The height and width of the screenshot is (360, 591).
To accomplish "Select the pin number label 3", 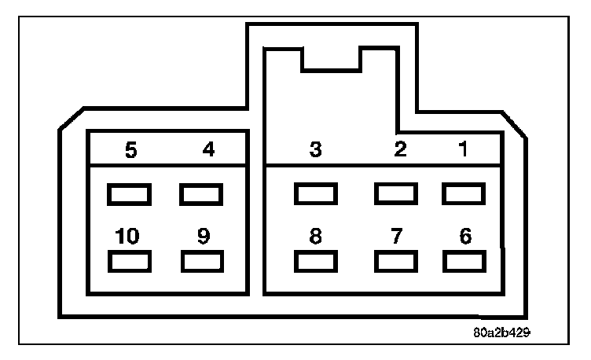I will point(315,149).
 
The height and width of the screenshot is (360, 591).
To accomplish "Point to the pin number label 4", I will point(208,149).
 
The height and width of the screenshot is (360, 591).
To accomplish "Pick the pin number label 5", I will point(131,149).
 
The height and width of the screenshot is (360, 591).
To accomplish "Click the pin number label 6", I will point(465,237).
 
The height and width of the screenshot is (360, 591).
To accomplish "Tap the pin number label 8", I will point(315,237).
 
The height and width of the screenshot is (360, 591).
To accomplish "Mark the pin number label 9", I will point(203,237).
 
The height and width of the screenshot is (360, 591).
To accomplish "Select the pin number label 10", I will point(127,237).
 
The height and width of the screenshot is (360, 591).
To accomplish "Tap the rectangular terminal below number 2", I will point(395,193).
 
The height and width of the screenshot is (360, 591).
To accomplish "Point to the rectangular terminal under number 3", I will point(315,193).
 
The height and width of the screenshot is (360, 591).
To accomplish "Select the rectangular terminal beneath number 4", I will point(201,193).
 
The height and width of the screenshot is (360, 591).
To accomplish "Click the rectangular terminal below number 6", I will point(464,261).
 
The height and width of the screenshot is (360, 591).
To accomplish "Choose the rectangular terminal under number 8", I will point(315,261).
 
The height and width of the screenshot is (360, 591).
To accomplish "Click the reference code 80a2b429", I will point(501,332).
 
